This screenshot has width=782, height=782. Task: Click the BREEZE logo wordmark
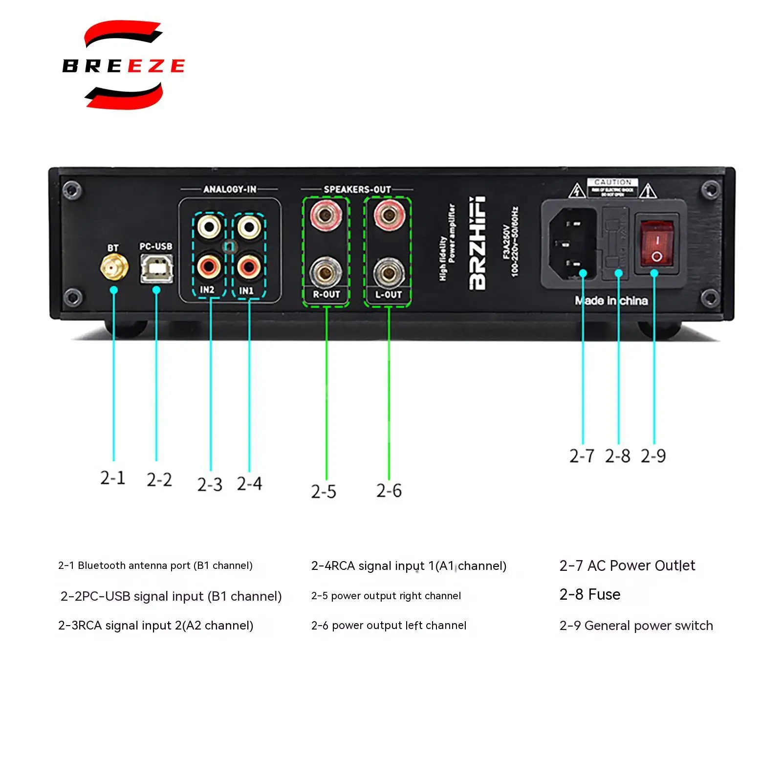coord(123,65)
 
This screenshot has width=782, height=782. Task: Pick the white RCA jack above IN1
coord(249,227)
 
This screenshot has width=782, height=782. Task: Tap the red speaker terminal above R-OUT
coord(326,214)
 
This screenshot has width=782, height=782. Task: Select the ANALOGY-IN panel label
coord(229,189)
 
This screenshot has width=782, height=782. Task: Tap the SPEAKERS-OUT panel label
coord(357,189)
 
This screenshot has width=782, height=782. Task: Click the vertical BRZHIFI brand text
coord(478,243)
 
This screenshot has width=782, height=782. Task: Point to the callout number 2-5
coord(324,491)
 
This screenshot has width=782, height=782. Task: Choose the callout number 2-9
coord(653,456)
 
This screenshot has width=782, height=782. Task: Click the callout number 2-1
coord(113,478)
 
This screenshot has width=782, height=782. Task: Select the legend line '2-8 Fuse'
coord(590,594)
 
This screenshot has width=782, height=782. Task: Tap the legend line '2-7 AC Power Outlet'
coord(627,565)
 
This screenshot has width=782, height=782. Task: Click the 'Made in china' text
coord(611,301)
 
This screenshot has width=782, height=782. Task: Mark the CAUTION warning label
coord(612,187)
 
